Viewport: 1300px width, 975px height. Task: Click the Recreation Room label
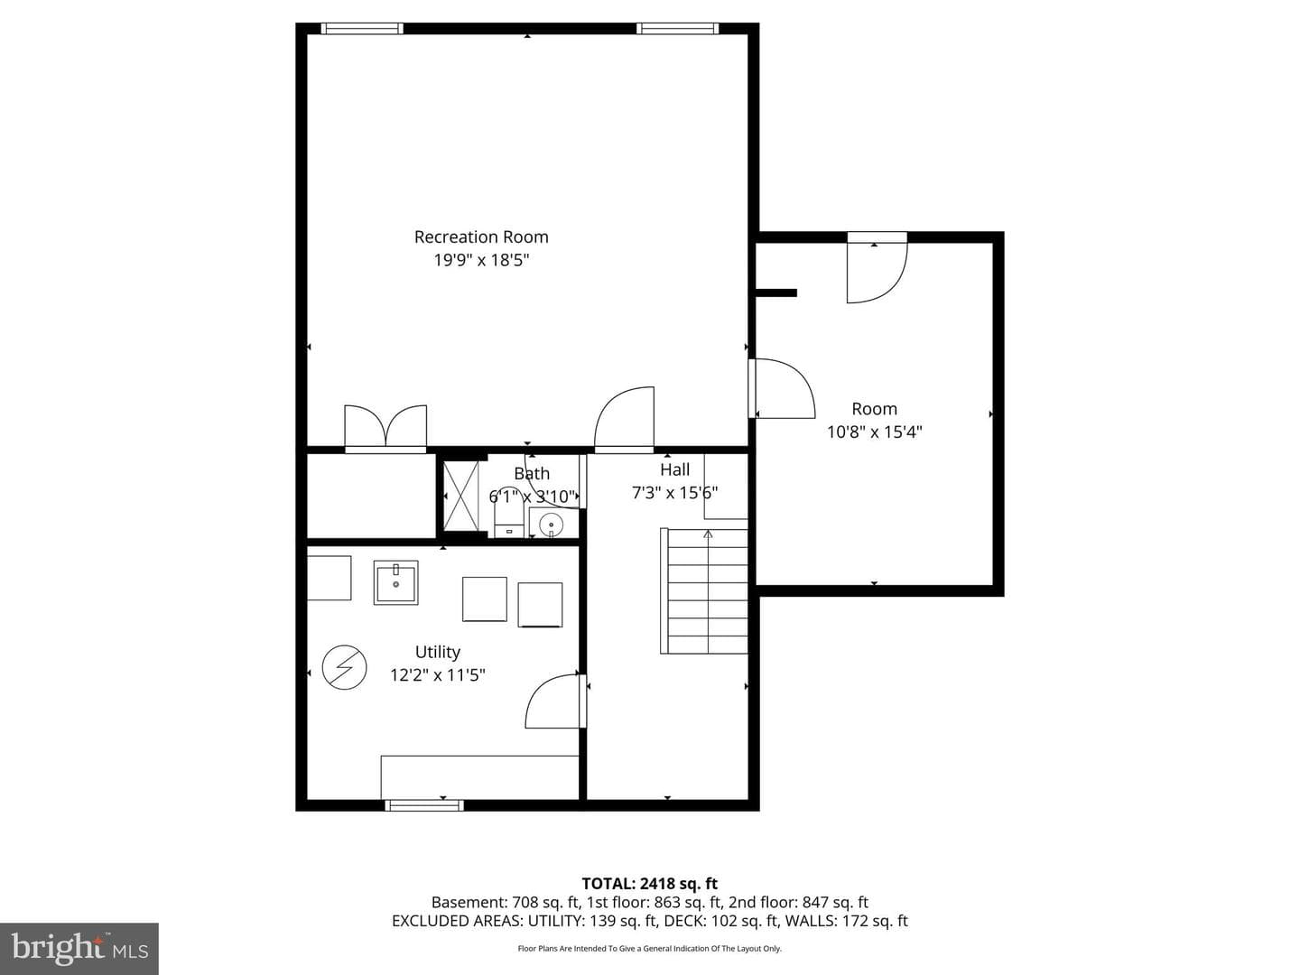click(x=481, y=237)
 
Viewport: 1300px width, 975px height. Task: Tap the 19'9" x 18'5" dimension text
click(x=481, y=261)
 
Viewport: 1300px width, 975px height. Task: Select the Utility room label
click(x=438, y=652)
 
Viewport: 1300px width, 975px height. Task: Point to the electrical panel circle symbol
click(x=344, y=667)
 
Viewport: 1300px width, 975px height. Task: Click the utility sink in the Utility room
click(x=395, y=582)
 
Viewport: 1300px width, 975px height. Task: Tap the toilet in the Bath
click(x=509, y=513)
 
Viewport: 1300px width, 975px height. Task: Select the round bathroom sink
click(x=552, y=524)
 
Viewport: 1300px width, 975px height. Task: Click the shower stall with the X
click(x=460, y=497)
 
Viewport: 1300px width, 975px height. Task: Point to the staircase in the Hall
click(x=704, y=590)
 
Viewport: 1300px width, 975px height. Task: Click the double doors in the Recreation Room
click(x=385, y=428)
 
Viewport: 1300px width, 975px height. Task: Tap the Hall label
click(x=675, y=470)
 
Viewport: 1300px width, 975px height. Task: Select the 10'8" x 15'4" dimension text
click(x=874, y=432)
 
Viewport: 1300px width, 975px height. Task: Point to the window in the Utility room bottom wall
click(x=424, y=805)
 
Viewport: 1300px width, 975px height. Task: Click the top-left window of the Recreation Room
click(x=362, y=28)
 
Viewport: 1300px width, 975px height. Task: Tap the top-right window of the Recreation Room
click(x=678, y=28)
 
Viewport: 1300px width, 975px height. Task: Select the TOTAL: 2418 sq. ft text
click(x=650, y=884)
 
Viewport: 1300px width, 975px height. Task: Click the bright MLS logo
click(x=79, y=949)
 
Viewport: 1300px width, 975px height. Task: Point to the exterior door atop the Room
click(x=877, y=267)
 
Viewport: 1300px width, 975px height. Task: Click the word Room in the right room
click(x=874, y=409)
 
